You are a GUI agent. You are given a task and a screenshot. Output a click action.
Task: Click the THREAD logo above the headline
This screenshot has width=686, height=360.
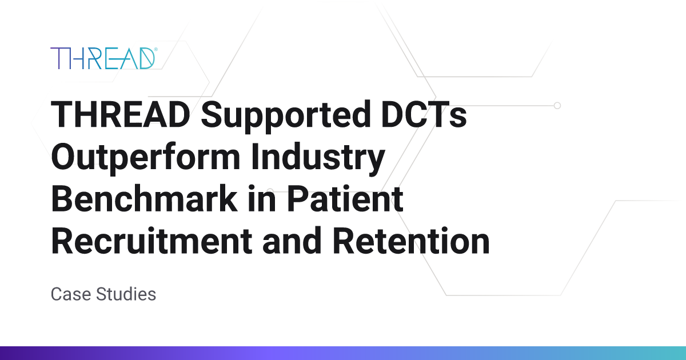click(x=103, y=58)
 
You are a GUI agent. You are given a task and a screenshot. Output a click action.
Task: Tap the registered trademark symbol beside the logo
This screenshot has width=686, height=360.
click(x=155, y=50)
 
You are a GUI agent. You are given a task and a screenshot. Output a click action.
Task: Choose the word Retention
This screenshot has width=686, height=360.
click(x=412, y=241)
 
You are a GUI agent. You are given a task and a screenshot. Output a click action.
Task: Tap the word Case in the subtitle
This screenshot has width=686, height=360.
click(x=70, y=294)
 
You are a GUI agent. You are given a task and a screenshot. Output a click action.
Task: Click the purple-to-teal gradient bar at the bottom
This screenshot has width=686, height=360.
click(x=343, y=353)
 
